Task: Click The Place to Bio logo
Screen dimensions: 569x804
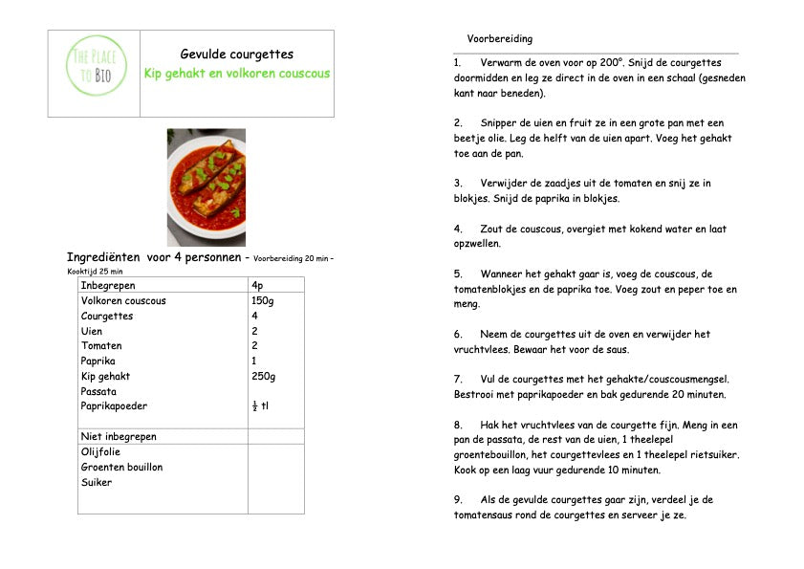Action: pyautogui.click(x=96, y=64)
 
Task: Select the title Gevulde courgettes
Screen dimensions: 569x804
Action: pyautogui.click(x=236, y=55)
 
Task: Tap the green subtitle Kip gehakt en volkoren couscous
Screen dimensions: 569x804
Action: pyautogui.click(x=236, y=74)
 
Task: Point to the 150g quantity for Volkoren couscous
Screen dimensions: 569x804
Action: pyautogui.click(x=262, y=300)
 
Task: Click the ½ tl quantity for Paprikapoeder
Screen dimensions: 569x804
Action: pyautogui.click(x=260, y=406)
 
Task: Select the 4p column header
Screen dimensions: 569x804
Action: pyautogui.click(x=257, y=285)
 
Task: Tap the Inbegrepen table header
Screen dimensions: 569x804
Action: pyautogui.click(x=108, y=285)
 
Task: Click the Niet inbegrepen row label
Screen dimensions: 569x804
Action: pyautogui.click(x=119, y=436)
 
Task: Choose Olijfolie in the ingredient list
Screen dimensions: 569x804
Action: pyautogui.click(x=105, y=451)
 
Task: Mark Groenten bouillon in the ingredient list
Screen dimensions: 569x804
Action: pyautogui.click(x=121, y=467)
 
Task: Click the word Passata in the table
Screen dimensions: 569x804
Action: pyautogui.click(x=98, y=391)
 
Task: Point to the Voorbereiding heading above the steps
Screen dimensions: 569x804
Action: pyautogui.click(x=500, y=39)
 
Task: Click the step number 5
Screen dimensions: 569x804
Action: pyautogui.click(x=458, y=274)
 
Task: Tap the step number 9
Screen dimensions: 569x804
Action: pyautogui.click(x=458, y=499)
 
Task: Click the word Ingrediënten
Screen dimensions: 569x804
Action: pyautogui.click(x=105, y=257)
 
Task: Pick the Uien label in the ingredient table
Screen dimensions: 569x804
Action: pyautogui.click(x=93, y=331)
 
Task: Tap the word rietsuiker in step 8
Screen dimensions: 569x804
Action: pyautogui.click(x=714, y=454)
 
